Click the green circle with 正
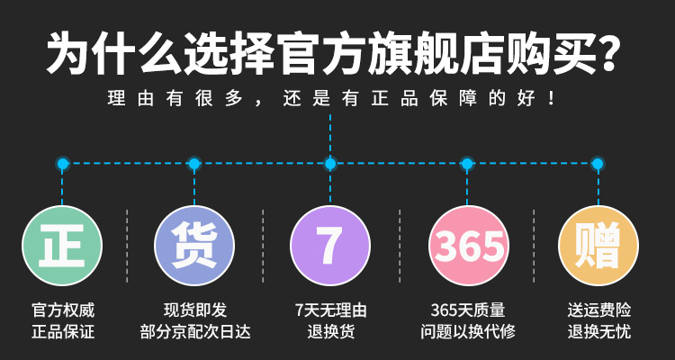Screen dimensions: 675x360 (x=62, y=246)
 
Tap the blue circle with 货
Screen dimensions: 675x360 (x=194, y=246)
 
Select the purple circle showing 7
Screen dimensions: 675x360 (x=330, y=246)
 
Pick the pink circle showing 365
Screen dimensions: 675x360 (x=469, y=246)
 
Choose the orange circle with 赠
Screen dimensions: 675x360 (x=598, y=246)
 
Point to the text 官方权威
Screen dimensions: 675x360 (x=63, y=310)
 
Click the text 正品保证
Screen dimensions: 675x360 (x=63, y=332)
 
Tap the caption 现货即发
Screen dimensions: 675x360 (x=195, y=310)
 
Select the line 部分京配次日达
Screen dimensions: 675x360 (x=195, y=332)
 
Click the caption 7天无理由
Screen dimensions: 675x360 (x=330, y=310)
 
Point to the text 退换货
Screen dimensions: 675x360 (x=330, y=332)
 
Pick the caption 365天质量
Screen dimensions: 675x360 (x=468, y=310)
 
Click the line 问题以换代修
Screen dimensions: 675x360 (x=468, y=332)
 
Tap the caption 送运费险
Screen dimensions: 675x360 (x=598, y=310)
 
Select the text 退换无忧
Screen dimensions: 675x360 (x=598, y=332)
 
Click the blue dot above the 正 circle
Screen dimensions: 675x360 (x=62, y=164)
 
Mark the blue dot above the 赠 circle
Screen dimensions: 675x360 (x=597, y=164)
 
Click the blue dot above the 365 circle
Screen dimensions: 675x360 (x=466, y=164)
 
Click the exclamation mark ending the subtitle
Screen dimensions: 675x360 (x=552, y=99)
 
